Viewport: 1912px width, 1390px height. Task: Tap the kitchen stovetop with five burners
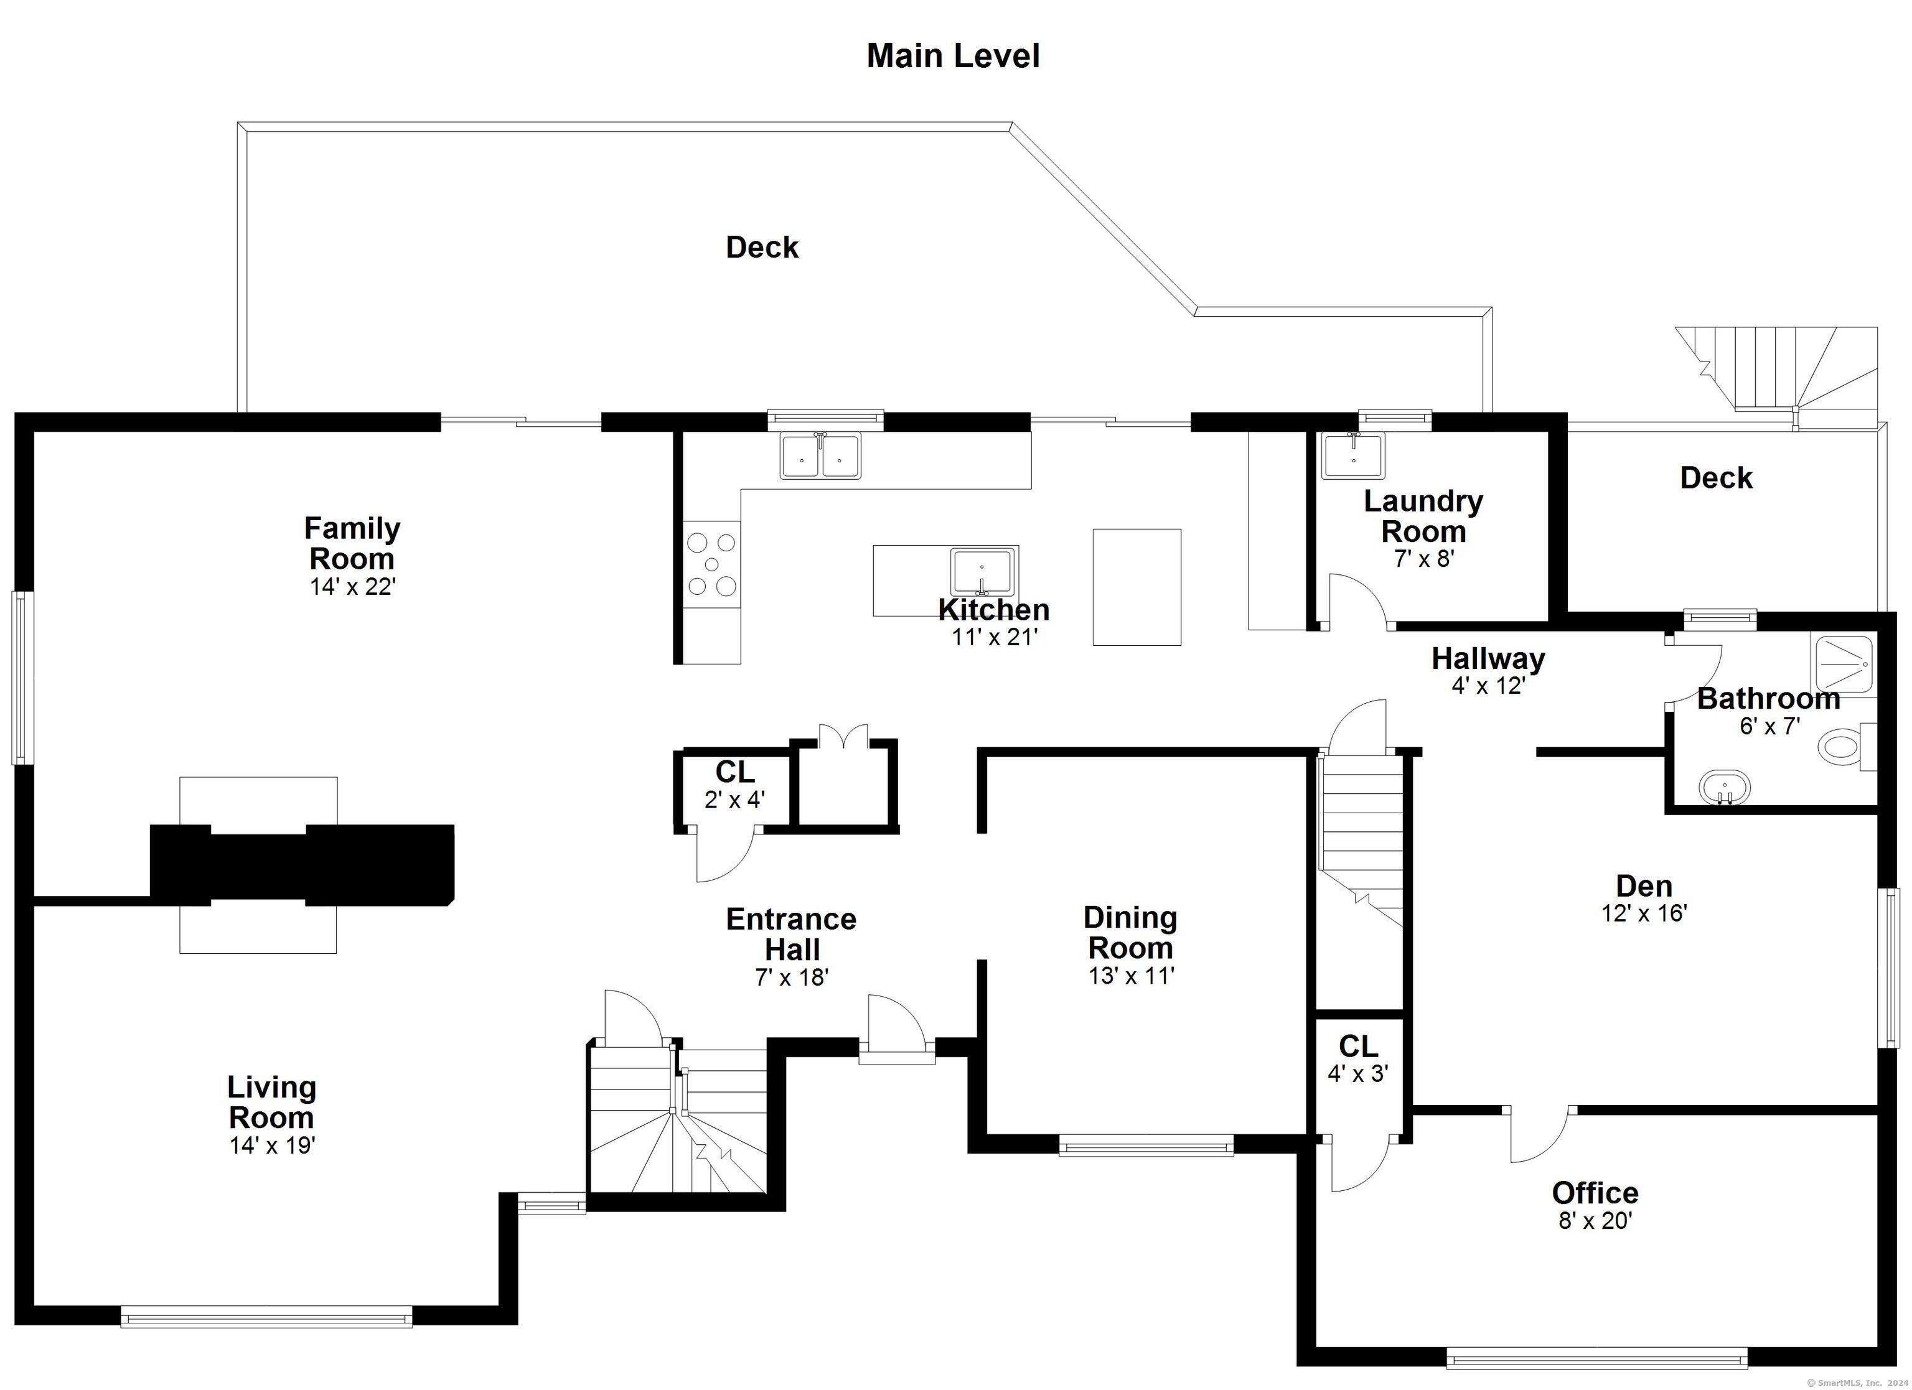pos(711,564)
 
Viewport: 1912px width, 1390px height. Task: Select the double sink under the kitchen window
pos(820,456)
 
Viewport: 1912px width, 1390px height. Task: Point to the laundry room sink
pos(1352,455)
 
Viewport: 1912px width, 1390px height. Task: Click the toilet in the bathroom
pos(1846,747)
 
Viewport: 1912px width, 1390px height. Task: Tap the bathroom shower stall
pos(1845,666)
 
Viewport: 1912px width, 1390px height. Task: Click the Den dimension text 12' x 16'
pos(1644,913)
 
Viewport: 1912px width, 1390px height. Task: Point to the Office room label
pos(1595,1193)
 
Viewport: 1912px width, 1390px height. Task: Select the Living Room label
pos(271,1102)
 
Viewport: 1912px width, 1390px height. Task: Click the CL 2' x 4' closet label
pos(734,785)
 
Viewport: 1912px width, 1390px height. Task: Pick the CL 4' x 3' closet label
pos(1358,1059)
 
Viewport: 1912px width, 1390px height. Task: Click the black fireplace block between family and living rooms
pos(302,865)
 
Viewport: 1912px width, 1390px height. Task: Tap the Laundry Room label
pos(1423,516)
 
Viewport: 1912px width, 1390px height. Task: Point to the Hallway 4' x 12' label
pos(1489,671)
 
